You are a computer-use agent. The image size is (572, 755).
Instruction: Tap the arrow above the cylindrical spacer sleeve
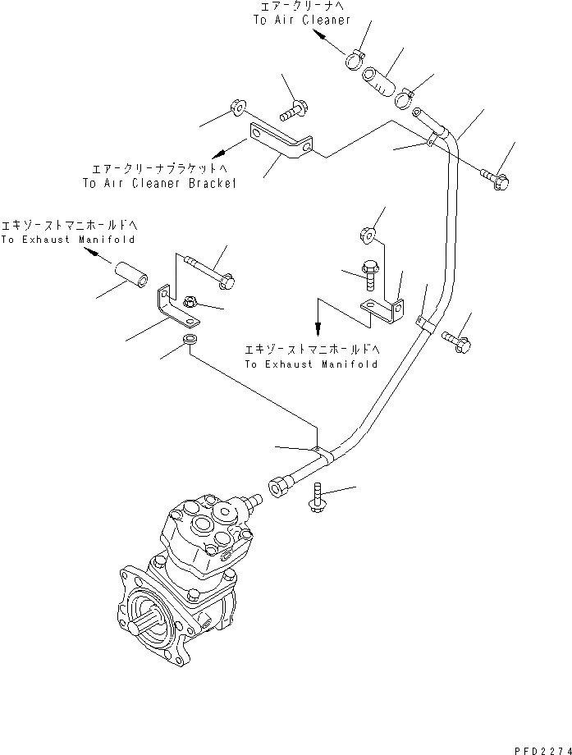point(97,255)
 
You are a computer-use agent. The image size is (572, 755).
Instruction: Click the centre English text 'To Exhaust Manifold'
point(309,363)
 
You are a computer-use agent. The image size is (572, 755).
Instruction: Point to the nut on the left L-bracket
point(189,301)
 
